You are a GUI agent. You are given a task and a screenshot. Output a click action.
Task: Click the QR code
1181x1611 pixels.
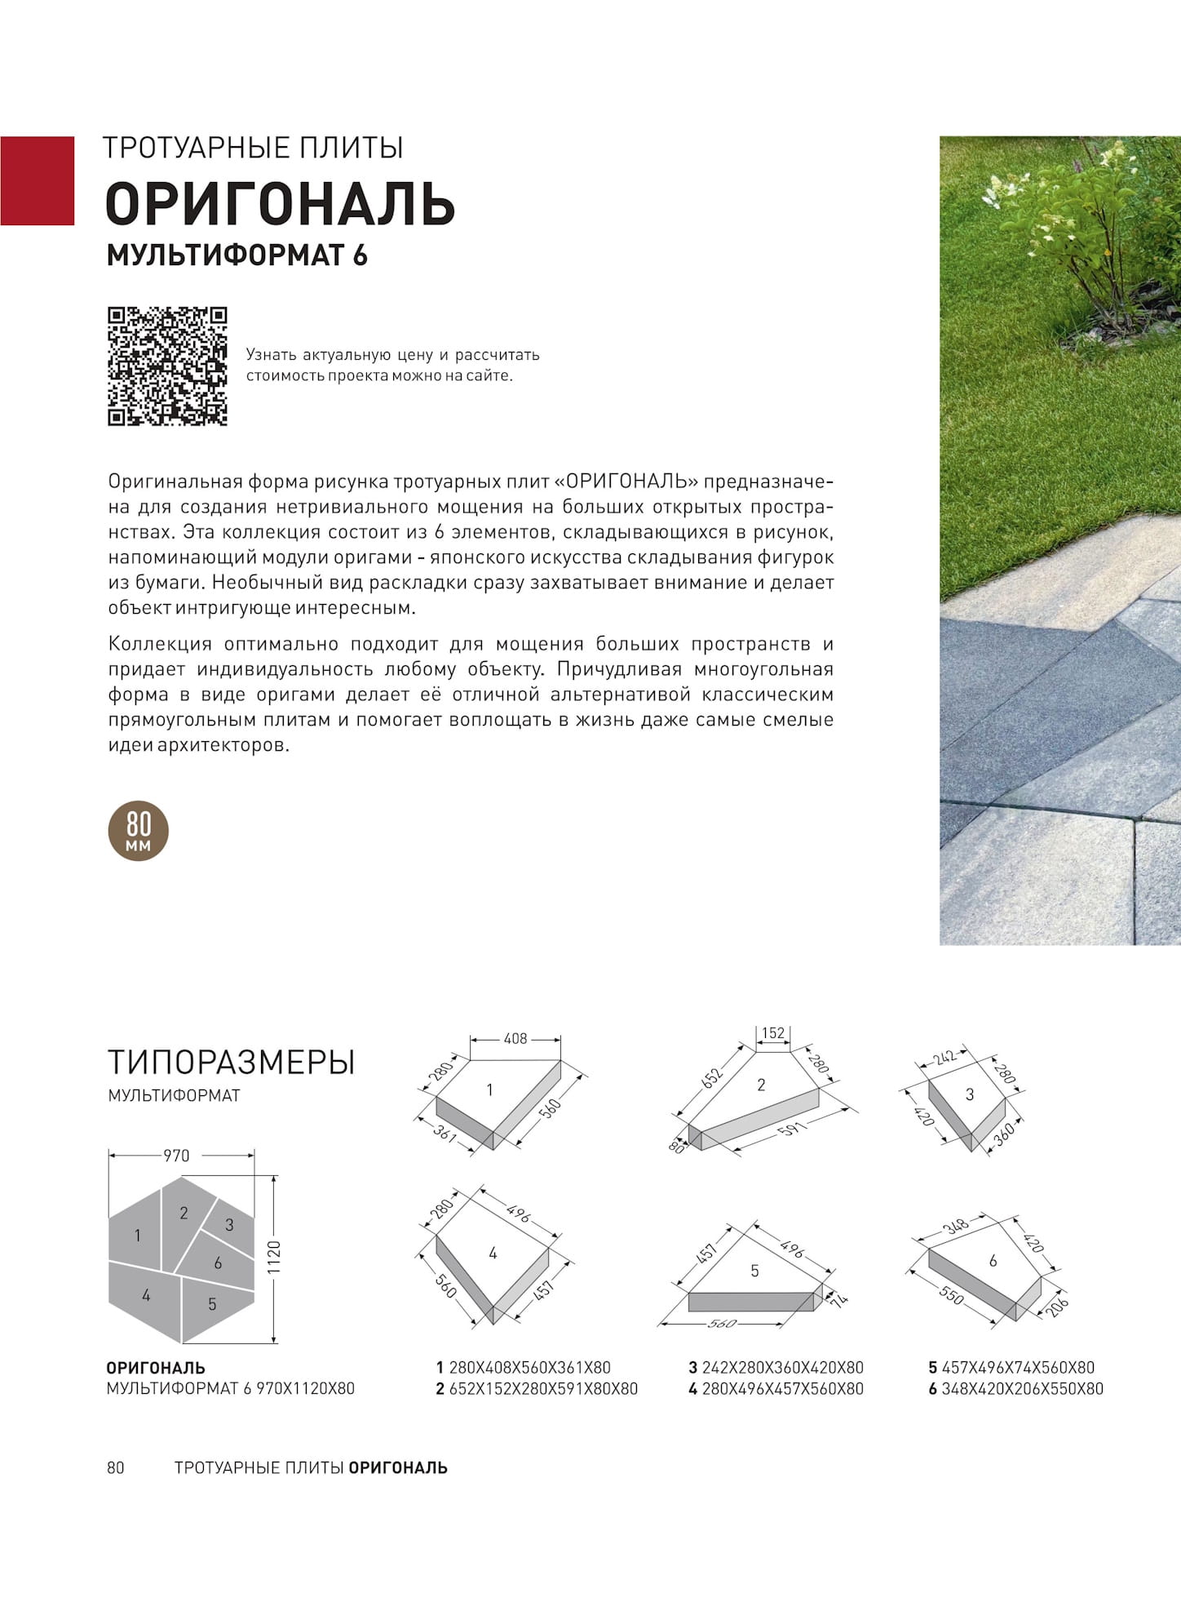(167, 366)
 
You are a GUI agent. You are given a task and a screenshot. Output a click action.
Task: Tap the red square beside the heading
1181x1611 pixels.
(37, 180)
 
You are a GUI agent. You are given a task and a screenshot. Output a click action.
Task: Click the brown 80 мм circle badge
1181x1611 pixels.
(139, 831)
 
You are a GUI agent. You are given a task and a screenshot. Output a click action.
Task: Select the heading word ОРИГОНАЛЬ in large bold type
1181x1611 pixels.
(280, 203)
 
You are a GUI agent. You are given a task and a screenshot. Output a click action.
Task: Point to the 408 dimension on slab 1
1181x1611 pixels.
(515, 1039)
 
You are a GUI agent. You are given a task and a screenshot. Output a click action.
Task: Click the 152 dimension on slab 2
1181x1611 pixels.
(772, 1033)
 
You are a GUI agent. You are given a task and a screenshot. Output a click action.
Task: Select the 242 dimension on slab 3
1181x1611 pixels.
(945, 1057)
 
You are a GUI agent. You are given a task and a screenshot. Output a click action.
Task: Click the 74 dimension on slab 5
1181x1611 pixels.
(840, 1297)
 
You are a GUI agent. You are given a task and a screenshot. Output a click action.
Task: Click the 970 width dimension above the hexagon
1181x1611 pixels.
(176, 1156)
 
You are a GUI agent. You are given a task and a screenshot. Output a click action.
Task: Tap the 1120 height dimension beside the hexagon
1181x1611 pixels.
(274, 1258)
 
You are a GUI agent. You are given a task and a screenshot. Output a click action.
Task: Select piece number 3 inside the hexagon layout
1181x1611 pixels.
(229, 1224)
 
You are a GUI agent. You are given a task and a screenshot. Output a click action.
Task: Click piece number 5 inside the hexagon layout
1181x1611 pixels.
(212, 1304)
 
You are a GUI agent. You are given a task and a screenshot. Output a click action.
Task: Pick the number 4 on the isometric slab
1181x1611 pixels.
(493, 1254)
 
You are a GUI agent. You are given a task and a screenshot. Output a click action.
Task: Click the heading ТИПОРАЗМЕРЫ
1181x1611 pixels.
(232, 1063)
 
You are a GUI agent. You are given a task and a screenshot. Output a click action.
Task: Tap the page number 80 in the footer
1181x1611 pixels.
(116, 1467)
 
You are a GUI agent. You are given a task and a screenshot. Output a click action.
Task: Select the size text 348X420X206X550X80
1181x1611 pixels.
(1022, 1389)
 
